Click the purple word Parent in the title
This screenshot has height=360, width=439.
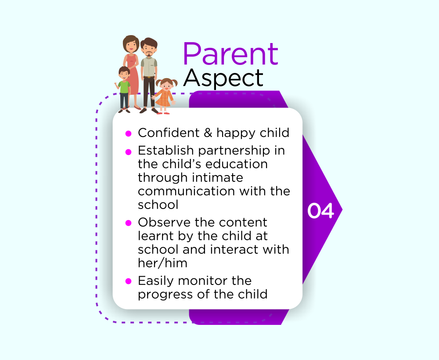point(231,54)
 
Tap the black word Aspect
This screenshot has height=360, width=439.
point(223,79)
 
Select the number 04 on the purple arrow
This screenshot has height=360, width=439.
point(320,211)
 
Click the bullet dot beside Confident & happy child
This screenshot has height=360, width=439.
point(129,133)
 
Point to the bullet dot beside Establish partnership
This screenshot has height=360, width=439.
point(129,152)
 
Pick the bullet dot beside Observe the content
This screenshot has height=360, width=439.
point(129,223)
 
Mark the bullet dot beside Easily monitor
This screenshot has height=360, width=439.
point(129,281)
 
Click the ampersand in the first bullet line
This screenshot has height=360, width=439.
point(208,133)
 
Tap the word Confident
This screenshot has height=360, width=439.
point(169,133)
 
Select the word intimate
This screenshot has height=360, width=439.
point(218,177)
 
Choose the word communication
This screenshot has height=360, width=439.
point(186,191)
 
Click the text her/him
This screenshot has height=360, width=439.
point(162,263)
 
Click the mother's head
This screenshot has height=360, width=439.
point(131,44)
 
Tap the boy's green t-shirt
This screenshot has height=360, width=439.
point(124,87)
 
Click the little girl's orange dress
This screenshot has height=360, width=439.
point(164,98)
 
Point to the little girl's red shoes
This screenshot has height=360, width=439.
point(163,113)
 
